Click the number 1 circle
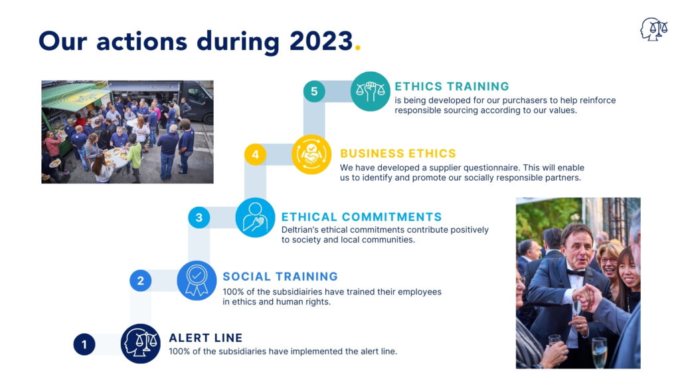click(x=84, y=344)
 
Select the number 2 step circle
click(x=141, y=281)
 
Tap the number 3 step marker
click(x=199, y=217)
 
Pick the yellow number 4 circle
click(x=256, y=154)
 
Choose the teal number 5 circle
click(x=314, y=91)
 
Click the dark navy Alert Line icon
click(x=141, y=344)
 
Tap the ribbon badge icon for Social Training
click(x=197, y=281)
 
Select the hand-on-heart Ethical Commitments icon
click(x=256, y=217)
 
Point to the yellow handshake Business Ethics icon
click(x=311, y=154)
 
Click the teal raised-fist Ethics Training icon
click(x=371, y=91)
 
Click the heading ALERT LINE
click(x=206, y=338)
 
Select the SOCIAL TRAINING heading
click(x=280, y=277)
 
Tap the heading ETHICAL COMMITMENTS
click(x=362, y=217)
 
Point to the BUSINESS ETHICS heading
click(x=398, y=154)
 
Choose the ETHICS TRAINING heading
click(x=452, y=86)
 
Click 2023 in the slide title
click(x=321, y=41)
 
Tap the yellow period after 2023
click(x=358, y=48)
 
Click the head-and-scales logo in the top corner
click(x=654, y=29)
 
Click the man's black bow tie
click(x=576, y=273)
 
